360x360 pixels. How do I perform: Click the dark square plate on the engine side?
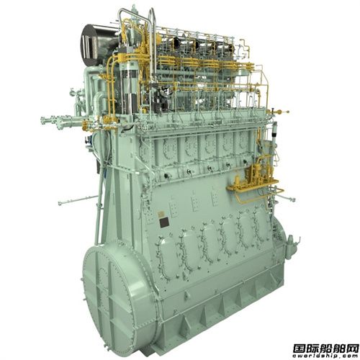pyautogui.click(x=164, y=222)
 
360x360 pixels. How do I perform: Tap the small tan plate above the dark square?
pyautogui.click(x=161, y=214)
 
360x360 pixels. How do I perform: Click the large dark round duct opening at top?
pyautogui.click(x=96, y=42)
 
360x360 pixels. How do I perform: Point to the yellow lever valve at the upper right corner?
pyautogui.click(x=279, y=112)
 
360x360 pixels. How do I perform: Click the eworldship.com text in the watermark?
pyautogui.click(x=326, y=356)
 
